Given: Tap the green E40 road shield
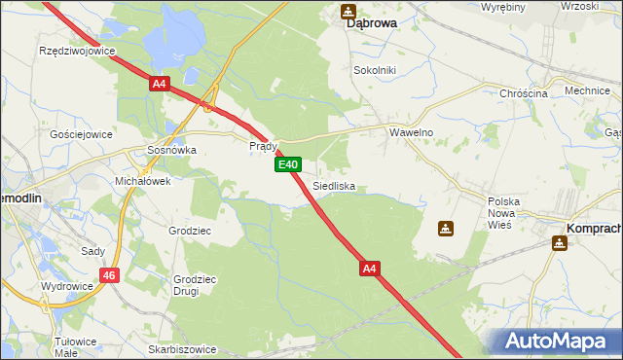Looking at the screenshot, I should [287, 165].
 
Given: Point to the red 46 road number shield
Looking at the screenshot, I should [109, 275].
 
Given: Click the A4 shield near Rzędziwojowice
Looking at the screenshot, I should [160, 85].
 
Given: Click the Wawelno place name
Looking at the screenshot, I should [411, 132].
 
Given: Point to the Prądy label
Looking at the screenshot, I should [264, 146].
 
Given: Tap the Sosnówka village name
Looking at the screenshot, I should [170, 151].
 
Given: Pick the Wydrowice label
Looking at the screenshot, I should [66, 287].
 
